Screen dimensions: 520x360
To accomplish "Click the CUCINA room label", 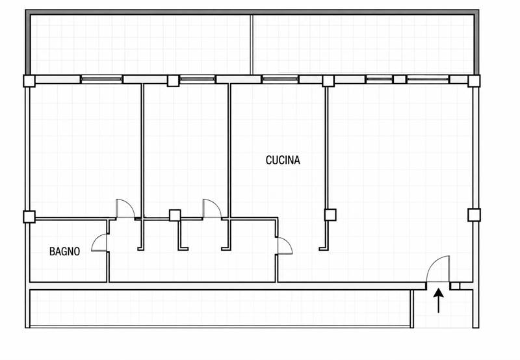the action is click(283, 160).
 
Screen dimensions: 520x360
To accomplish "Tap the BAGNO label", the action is click(64, 251).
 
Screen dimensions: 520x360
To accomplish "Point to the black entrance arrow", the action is click(438, 300).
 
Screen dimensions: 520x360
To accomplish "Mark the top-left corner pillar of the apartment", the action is click(29, 81).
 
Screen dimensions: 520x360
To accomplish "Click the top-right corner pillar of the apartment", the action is click(474, 81).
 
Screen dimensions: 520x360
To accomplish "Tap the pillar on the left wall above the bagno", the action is click(29, 216).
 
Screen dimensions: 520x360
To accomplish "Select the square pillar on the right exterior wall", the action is click(474, 215).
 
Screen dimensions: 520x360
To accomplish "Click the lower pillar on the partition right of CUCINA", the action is click(330, 215).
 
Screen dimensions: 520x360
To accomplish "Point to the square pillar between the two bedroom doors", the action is click(175, 216).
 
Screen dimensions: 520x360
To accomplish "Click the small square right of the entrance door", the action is click(455, 286).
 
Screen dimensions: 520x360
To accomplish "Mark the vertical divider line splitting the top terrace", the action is click(252, 44).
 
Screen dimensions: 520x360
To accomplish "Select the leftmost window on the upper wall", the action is click(101, 79).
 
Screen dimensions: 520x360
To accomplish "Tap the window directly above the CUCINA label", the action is click(280, 79).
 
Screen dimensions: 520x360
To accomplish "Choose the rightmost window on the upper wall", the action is click(428, 79).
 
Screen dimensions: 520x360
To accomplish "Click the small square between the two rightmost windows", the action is click(399, 79).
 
